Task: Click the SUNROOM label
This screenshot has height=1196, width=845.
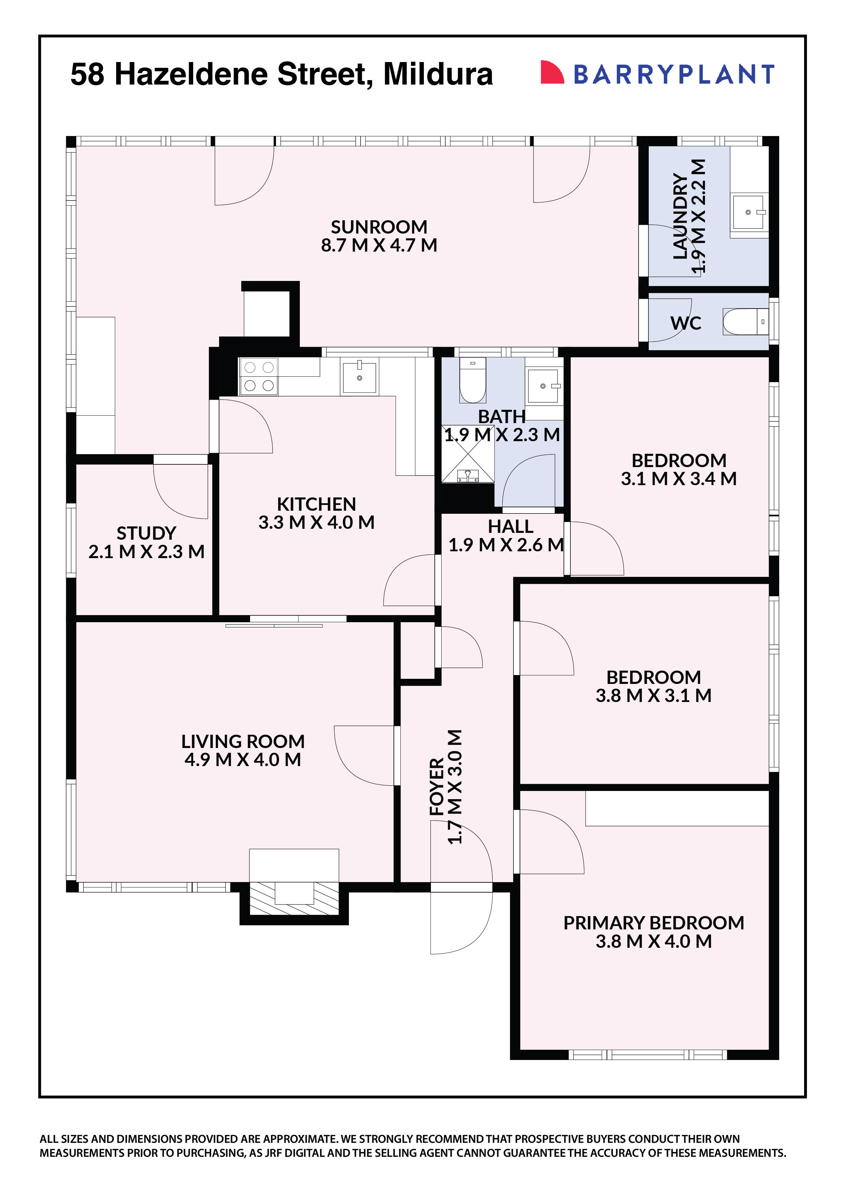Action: [x=379, y=227]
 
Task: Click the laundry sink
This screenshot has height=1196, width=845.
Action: [x=749, y=212]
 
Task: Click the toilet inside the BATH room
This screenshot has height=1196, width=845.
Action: [x=472, y=380]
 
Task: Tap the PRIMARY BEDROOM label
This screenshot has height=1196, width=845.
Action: [x=654, y=923]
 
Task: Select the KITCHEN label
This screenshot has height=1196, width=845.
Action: [x=316, y=504]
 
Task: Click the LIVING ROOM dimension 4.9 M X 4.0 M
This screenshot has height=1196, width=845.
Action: [x=243, y=760]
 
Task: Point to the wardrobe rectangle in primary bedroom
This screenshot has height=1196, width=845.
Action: [x=677, y=808]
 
